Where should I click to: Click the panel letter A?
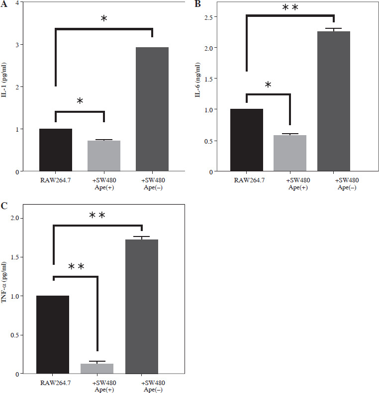(x=3, y=4)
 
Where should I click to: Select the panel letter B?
(x=197, y=4)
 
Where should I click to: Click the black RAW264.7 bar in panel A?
(x=56, y=150)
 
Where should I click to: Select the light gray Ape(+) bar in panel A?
(x=103, y=156)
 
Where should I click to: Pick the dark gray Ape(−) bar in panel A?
(x=152, y=109)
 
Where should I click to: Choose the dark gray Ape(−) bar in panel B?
(x=333, y=101)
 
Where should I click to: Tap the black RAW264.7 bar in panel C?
(x=53, y=334)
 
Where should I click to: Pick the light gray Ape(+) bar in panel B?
(x=290, y=153)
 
